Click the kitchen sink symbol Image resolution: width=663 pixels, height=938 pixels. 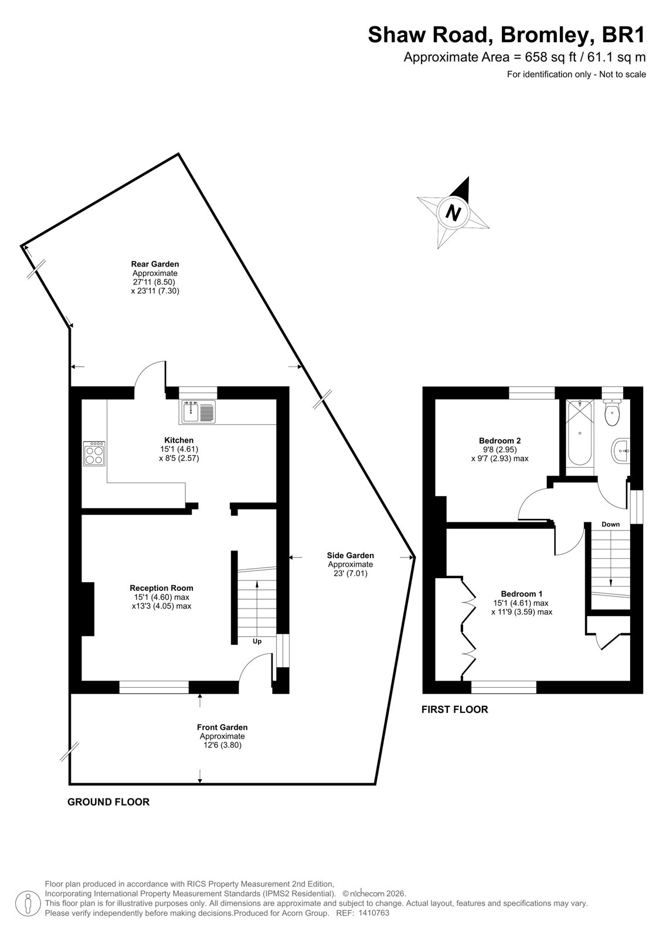click(199, 411)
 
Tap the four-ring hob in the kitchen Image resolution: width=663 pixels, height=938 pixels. click(94, 454)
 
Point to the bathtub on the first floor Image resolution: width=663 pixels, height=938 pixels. click(580, 433)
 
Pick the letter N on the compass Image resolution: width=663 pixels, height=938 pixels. click(453, 213)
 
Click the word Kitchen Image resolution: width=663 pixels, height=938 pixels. click(179, 440)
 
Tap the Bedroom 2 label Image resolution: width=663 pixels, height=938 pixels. click(499, 440)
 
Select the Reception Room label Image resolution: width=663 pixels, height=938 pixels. click(161, 588)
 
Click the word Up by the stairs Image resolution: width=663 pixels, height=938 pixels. click(257, 641)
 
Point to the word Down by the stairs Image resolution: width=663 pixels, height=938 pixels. click(610, 524)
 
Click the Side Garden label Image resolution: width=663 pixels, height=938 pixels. click(350, 555)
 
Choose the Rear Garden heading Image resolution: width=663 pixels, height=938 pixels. click(155, 264)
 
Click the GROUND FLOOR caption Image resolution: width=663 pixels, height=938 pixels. click(108, 802)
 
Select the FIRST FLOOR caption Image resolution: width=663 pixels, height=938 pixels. click(454, 709)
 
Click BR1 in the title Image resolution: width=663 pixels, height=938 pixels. click(623, 35)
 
